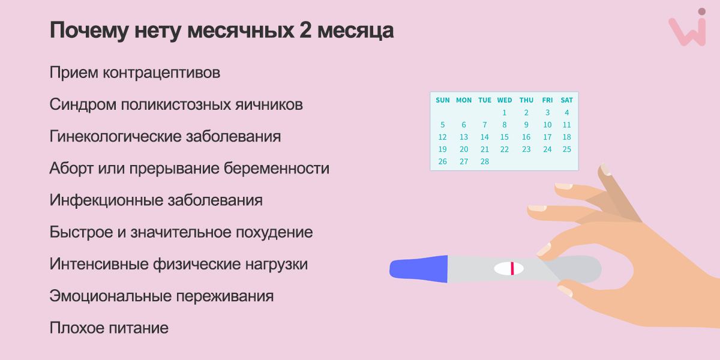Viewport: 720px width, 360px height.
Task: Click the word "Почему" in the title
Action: [x=89, y=31]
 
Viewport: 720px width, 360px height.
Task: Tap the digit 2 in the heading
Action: [x=305, y=30]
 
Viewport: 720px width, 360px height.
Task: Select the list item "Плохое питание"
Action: [x=109, y=328]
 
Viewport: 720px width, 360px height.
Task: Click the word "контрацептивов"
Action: [x=161, y=73]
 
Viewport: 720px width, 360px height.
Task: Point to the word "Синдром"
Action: [x=83, y=104]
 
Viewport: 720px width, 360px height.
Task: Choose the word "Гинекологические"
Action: [x=115, y=136]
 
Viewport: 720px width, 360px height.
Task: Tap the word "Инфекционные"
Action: [x=106, y=200]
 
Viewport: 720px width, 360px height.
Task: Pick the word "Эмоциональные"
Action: [x=110, y=296]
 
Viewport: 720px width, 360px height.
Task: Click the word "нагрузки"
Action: [x=277, y=264]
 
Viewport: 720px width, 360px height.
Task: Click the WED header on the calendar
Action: [x=505, y=100]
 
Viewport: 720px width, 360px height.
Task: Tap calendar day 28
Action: [x=485, y=161]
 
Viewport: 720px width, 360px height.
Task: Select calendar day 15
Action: [x=505, y=137]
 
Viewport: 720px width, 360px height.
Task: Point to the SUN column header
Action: [x=443, y=100]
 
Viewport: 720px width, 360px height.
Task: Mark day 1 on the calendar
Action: [x=505, y=113]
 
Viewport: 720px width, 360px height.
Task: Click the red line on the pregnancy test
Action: [x=512, y=268]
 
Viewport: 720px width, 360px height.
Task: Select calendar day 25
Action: [x=566, y=149]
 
